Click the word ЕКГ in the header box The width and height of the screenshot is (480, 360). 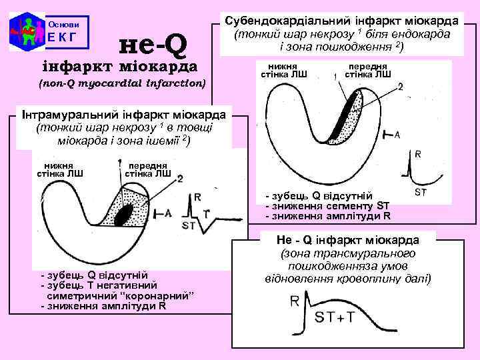click(63, 37)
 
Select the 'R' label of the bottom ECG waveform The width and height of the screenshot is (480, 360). click(295, 301)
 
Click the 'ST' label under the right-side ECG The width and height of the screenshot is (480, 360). click(421, 193)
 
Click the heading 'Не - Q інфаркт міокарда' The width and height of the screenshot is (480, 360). click(347, 239)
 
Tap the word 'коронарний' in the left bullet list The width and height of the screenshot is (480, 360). click(155, 295)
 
